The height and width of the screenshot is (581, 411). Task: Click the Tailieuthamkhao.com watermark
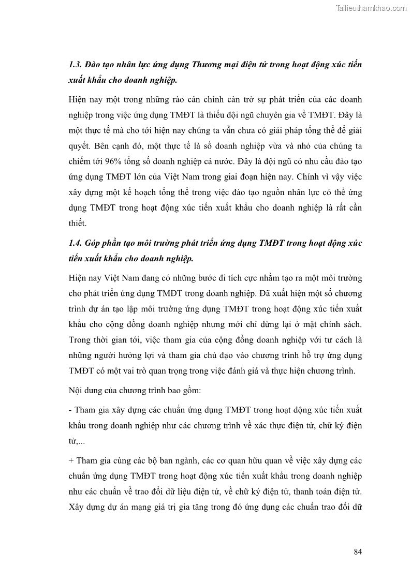pos(372,8)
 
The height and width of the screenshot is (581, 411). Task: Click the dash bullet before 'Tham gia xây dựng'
pos(70,410)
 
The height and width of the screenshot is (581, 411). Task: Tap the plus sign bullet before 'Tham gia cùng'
pos(71,460)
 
